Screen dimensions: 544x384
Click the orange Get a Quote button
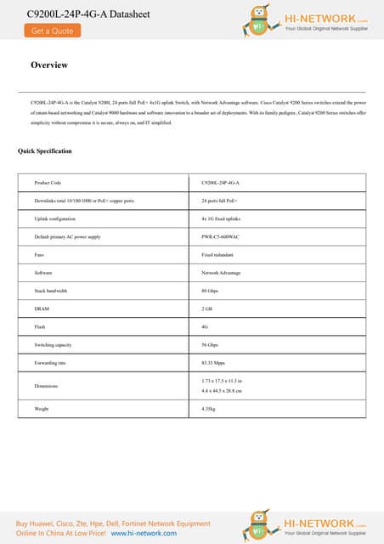52,31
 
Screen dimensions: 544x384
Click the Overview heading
49,65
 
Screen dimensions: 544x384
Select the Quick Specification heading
45,151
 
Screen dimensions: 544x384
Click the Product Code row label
48,183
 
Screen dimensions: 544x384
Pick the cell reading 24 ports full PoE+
220,201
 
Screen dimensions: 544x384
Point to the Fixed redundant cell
217,254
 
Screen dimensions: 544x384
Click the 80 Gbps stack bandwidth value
210,291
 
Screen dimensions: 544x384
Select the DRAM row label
41,309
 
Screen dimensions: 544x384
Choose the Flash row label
40,326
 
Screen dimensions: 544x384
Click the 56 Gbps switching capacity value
210,344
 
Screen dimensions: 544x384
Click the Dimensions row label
46,385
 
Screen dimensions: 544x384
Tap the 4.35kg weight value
208,409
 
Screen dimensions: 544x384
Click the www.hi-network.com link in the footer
144,533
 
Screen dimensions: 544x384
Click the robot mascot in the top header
260,20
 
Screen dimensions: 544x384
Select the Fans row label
40,254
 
